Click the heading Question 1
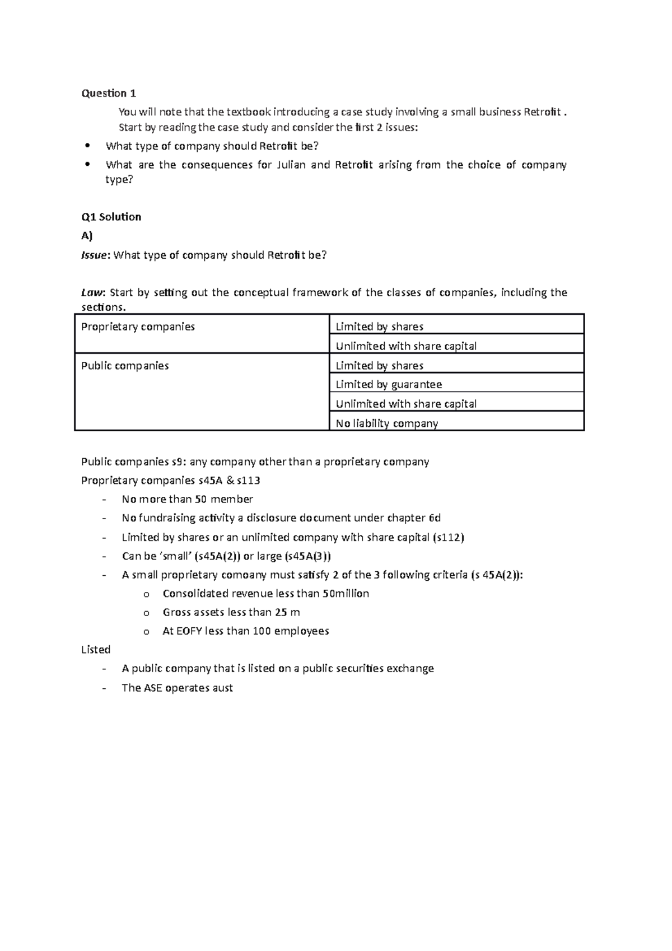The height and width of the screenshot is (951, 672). [x=109, y=93]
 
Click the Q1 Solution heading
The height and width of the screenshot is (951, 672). [x=111, y=217]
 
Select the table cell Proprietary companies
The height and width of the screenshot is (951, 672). [x=138, y=327]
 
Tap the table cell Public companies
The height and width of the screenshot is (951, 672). [x=125, y=366]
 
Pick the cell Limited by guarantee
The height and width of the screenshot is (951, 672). [x=389, y=385]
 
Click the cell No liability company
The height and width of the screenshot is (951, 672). [x=386, y=423]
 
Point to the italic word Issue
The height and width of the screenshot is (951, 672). [x=94, y=255]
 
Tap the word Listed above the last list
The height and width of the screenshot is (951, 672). [x=96, y=650]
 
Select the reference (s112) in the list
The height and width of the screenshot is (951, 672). [x=449, y=538]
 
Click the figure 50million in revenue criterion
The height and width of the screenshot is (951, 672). [x=346, y=594]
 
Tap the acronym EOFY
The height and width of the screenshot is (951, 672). [x=189, y=631]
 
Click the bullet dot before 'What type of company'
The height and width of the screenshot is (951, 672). [x=87, y=146]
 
